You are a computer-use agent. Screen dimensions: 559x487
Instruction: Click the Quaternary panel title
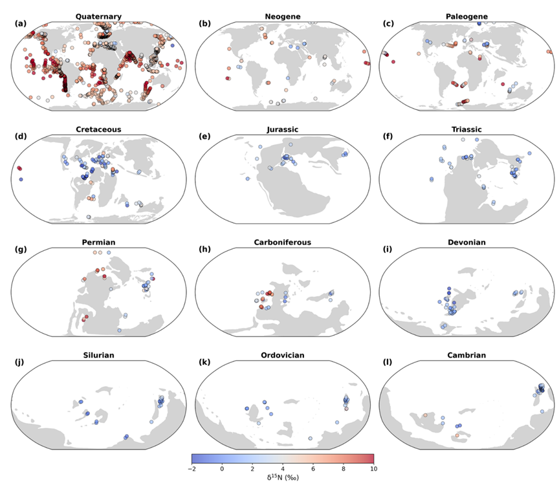pos(98,16)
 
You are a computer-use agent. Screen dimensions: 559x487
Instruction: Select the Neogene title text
pos(283,16)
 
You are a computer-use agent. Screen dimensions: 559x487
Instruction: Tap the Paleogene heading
pos(466,16)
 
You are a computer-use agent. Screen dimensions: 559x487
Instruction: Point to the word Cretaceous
pos(98,129)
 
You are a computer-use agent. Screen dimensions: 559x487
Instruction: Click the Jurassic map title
pos(283,129)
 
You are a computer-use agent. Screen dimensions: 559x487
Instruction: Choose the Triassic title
pos(466,129)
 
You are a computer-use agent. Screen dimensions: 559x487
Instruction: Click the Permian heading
pos(99,243)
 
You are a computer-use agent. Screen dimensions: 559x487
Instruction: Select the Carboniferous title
pos(283,243)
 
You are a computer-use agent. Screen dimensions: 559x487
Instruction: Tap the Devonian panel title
pos(466,243)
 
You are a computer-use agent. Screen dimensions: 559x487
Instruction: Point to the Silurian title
pos(99,355)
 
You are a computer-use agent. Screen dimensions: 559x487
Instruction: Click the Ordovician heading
pos(283,355)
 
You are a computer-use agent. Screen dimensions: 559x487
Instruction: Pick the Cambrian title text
pos(466,355)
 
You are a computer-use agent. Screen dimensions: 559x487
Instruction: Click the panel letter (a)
pos(21,23)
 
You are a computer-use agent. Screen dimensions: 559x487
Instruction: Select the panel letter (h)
pos(204,250)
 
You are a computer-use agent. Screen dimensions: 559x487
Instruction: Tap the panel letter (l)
pos(387,362)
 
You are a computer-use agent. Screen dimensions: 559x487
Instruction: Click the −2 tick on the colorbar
pos(192,468)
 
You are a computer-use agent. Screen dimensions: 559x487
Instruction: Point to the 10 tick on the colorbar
pos(373,468)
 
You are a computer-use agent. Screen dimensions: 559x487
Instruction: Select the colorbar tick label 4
pos(283,468)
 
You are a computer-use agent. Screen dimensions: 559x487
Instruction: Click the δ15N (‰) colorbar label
pos(283,477)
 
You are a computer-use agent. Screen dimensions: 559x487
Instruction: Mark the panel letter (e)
pos(204,136)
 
